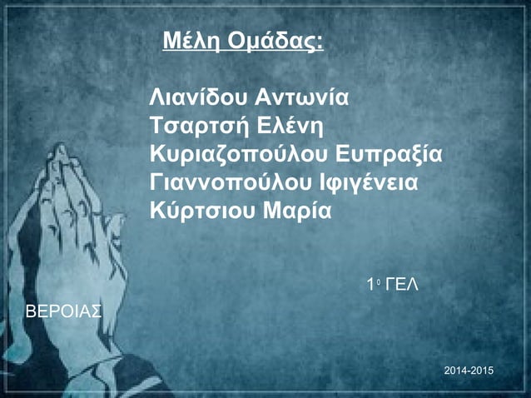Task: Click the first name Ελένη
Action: [x=292, y=127]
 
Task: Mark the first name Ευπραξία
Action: [x=391, y=155]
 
